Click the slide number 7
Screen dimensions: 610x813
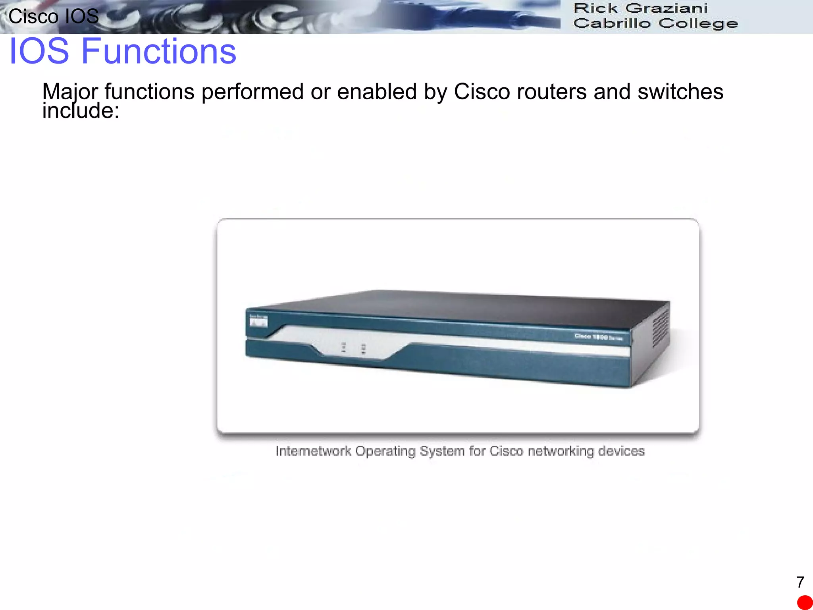pyautogui.click(x=800, y=582)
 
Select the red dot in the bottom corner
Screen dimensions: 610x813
pyautogui.click(x=805, y=602)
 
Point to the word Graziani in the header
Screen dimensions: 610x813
pyautogui.click(x=667, y=8)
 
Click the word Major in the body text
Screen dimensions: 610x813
pyautogui.click(x=70, y=92)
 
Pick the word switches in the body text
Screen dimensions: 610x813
pyautogui.click(x=680, y=92)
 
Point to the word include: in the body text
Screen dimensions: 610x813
pyautogui.click(x=81, y=111)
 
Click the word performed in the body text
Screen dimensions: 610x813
pyautogui.click(x=252, y=92)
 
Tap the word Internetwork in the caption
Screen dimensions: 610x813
pyautogui.click(x=313, y=451)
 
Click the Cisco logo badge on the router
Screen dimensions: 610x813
pyautogui.click(x=258, y=320)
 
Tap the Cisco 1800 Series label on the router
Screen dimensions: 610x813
pyautogui.click(x=598, y=337)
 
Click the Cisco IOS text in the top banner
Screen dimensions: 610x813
pyautogui.click(x=54, y=17)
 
